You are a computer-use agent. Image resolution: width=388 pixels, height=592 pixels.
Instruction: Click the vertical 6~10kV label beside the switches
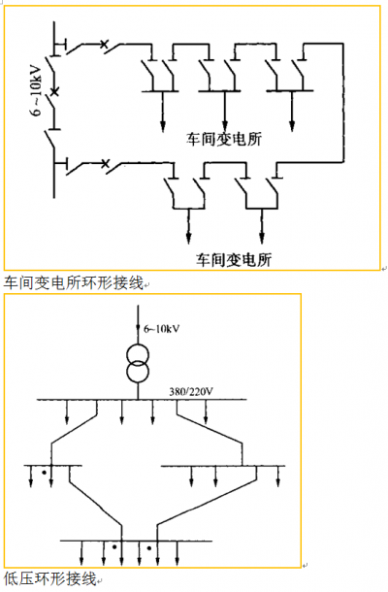point(36,90)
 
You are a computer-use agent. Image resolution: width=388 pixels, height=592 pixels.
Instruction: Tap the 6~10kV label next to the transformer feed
point(162,329)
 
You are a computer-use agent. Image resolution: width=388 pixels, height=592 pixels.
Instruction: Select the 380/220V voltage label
point(190,391)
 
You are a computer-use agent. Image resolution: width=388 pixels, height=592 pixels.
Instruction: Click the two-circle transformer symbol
point(138,363)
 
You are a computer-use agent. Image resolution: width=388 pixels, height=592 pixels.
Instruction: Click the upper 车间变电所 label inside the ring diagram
point(223,139)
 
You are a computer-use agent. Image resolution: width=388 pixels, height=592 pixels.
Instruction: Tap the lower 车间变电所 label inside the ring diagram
point(234,259)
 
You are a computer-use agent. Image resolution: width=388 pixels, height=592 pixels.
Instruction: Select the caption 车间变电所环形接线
point(74,282)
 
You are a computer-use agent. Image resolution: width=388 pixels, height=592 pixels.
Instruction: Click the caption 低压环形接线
point(50,578)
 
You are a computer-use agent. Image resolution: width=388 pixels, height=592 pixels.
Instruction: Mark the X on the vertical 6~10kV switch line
point(54,91)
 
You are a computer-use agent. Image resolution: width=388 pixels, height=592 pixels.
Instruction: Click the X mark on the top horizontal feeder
point(104,45)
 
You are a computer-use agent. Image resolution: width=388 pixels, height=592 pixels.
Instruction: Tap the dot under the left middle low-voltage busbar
point(45,473)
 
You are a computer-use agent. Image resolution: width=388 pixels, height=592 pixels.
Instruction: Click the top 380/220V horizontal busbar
point(142,399)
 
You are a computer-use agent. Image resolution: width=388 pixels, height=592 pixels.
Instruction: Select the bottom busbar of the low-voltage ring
point(136,541)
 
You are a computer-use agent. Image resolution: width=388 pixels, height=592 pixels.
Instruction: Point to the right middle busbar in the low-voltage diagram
point(223,466)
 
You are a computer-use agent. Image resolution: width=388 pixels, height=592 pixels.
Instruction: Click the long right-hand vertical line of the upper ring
point(343,103)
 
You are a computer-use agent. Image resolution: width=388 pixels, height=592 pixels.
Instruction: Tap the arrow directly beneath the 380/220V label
point(206,411)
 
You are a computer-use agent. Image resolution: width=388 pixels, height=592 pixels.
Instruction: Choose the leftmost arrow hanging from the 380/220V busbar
point(67,411)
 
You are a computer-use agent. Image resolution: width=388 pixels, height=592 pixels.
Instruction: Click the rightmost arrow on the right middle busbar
point(278,477)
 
